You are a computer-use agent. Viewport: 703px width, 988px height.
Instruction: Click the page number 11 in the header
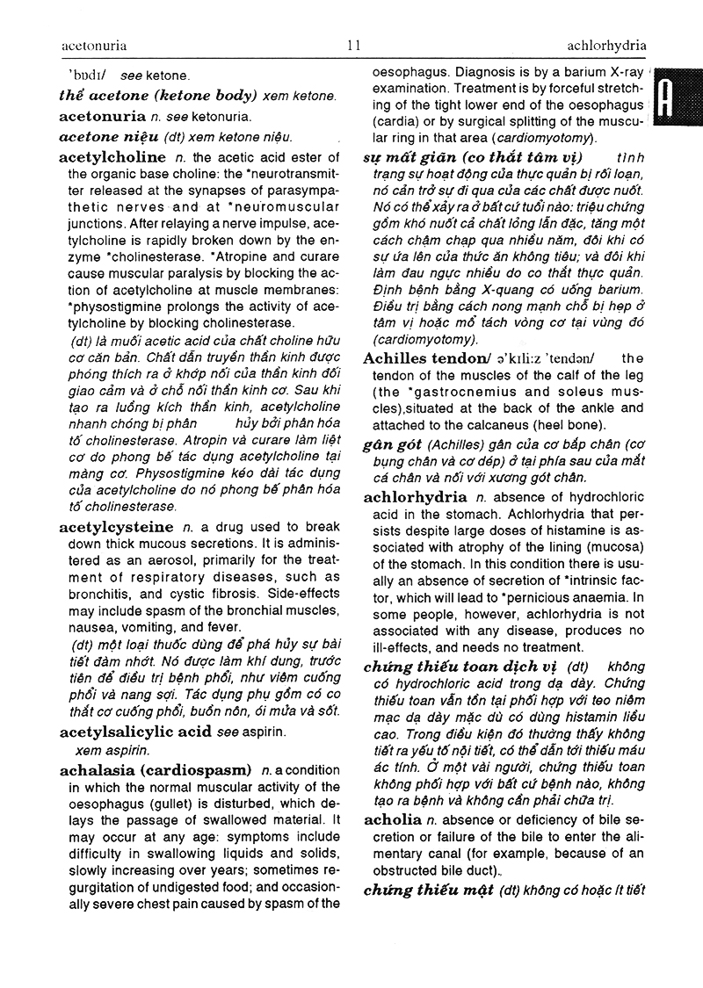[353, 46]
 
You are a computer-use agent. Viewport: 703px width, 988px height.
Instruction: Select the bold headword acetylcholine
[112, 158]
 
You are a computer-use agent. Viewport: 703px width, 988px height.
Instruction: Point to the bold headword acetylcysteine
[115, 528]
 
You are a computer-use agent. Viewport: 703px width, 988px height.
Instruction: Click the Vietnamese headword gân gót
[391, 445]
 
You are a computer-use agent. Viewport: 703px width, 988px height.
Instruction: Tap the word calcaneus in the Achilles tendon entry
[529, 425]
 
